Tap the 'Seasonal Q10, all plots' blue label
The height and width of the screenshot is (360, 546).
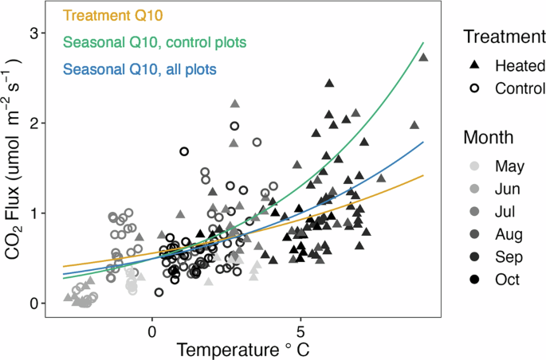click(x=143, y=70)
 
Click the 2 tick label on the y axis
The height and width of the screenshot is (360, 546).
click(x=33, y=123)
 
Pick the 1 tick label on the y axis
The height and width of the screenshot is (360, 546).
click(x=33, y=213)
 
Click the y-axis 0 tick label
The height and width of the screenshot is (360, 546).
click(x=33, y=303)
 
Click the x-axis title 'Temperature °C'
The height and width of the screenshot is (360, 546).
click(x=237, y=349)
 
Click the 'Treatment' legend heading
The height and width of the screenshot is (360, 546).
click(x=498, y=36)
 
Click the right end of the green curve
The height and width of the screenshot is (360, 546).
click(x=422, y=43)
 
